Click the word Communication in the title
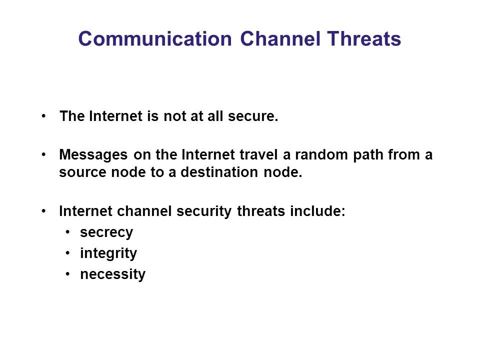click(x=155, y=39)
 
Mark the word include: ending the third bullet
click(x=318, y=211)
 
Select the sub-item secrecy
click(x=106, y=232)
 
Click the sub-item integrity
click(x=108, y=253)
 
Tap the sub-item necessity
click(x=112, y=274)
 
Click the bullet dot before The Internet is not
click(x=44, y=116)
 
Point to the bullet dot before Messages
click(x=44, y=154)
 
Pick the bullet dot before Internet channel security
click(x=44, y=211)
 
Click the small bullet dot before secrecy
click(x=68, y=232)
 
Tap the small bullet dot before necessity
click(x=68, y=274)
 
